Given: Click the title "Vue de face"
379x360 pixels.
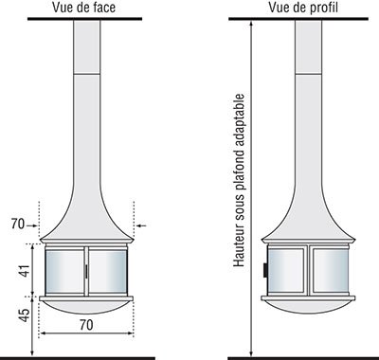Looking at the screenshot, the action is click(83, 8).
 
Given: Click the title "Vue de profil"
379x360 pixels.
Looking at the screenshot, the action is click(303, 8).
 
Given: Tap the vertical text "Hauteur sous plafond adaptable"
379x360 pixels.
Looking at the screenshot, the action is click(239, 180).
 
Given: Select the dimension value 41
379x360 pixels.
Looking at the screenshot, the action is click(25, 271).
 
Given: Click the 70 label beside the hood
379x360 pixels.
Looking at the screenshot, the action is click(18, 225).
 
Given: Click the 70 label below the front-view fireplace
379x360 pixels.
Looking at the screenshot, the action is click(86, 325).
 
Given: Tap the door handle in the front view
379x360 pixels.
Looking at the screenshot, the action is click(86, 272).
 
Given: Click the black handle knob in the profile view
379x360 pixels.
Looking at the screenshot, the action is click(265, 270).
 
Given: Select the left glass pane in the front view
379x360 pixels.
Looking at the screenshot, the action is click(64, 271).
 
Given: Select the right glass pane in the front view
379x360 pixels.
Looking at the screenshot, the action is click(108, 271).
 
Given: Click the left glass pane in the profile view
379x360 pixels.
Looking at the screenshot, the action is click(286, 270).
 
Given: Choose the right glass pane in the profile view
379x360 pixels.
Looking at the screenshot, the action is click(331, 270).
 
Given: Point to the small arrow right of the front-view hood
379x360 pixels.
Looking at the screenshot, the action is click(141, 225).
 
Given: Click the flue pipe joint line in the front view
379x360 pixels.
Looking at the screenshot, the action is click(87, 74).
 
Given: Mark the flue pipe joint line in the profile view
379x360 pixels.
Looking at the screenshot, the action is click(309, 74).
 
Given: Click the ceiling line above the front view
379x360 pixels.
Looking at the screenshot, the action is click(84, 19).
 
